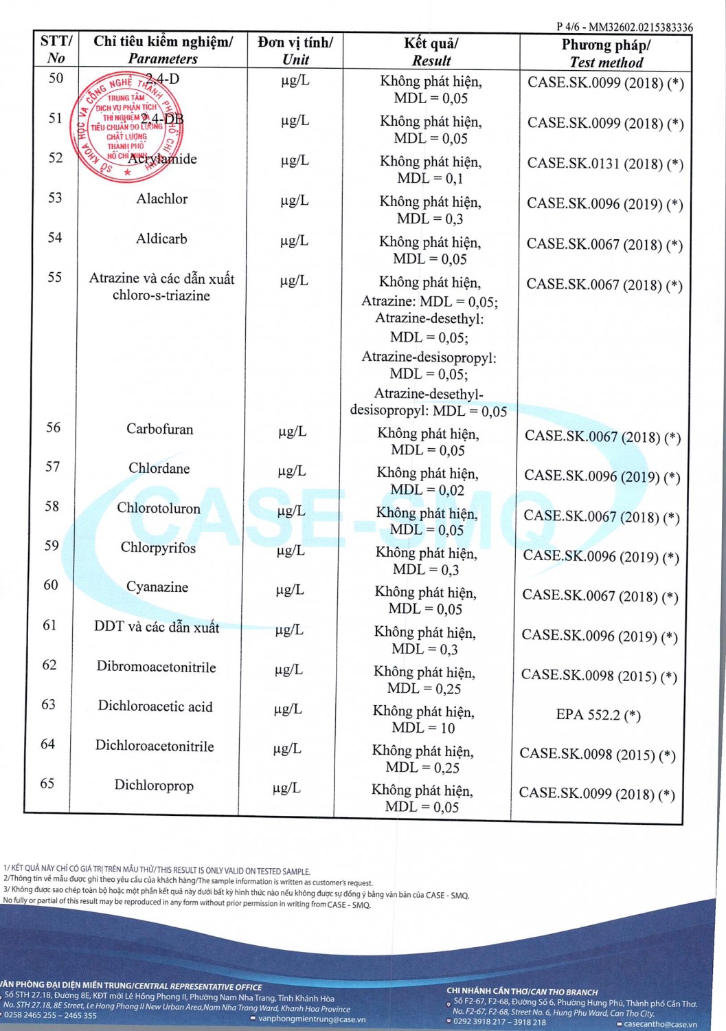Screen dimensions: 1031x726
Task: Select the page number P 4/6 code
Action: (624, 27)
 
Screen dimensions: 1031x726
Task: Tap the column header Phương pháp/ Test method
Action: (606, 53)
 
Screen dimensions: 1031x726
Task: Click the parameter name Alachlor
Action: (162, 199)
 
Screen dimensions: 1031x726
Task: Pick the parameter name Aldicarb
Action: (161, 239)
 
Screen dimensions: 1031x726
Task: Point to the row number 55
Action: (54, 277)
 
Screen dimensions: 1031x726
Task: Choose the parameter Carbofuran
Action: (160, 429)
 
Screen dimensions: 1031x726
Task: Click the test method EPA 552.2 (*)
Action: (598, 715)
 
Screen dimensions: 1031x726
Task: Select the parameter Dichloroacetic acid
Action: (155, 707)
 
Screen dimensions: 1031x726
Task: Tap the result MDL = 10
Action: (423, 728)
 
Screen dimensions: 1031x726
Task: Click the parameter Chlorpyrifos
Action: (158, 548)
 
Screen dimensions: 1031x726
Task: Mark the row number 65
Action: (47, 784)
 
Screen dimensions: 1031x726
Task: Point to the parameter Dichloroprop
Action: (154, 786)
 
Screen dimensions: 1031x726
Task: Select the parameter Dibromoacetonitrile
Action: (156, 667)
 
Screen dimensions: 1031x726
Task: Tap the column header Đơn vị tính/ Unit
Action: (295, 51)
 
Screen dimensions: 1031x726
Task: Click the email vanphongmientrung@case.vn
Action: (312, 1019)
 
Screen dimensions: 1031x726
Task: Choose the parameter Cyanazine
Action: (157, 587)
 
